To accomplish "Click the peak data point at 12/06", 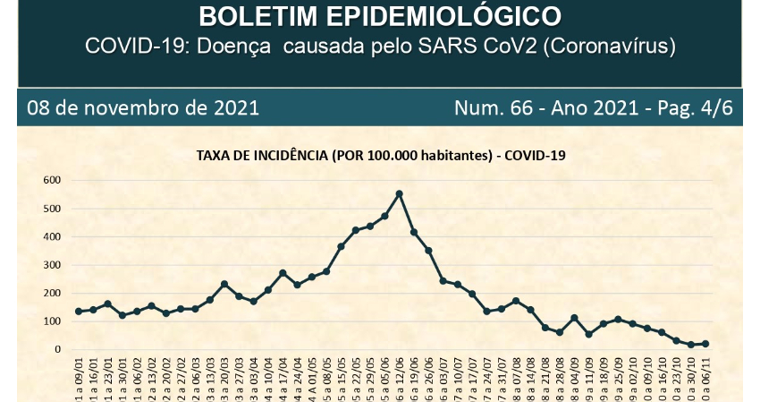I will click(x=399, y=193).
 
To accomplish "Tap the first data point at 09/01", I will click(x=79, y=312).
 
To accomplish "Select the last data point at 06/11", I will click(x=705, y=344).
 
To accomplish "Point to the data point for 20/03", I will click(x=224, y=284).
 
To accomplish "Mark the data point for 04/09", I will click(x=574, y=318).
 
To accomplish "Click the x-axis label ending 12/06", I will click(x=399, y=381).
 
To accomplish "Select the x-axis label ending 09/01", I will click(x=79, y=381).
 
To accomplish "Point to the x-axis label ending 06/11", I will click(x=705, y=381).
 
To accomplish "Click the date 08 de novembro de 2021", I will click(x=143, y=108).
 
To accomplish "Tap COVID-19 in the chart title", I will click(x=535, y=155).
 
